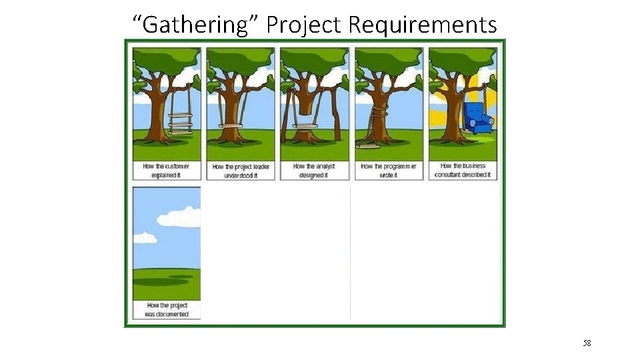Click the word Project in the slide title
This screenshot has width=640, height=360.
304,25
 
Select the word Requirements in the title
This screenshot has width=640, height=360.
423,25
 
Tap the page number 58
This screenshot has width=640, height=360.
587,343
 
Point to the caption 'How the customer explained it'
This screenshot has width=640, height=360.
166,171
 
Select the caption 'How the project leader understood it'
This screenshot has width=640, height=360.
241,171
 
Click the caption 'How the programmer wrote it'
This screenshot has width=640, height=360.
389,171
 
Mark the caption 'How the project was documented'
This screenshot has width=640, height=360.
167,310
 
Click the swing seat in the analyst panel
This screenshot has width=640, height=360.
306,125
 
